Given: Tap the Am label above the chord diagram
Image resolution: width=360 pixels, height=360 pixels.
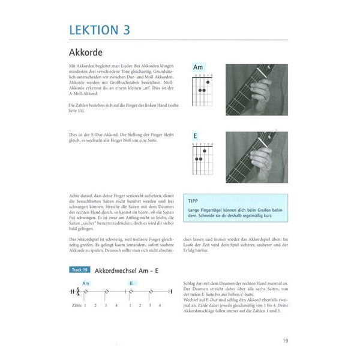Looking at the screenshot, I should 197,68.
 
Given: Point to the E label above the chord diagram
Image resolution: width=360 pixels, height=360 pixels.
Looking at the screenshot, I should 195,136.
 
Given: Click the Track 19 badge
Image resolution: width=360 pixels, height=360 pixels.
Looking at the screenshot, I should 79,270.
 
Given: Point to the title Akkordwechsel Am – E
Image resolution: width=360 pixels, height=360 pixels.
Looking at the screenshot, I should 127,271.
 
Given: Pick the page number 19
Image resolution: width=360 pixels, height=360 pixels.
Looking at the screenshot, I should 284,340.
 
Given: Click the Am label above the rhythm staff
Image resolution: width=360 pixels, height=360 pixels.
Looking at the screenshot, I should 85,283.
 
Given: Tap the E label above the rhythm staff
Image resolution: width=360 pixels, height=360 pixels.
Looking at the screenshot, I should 131,283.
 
